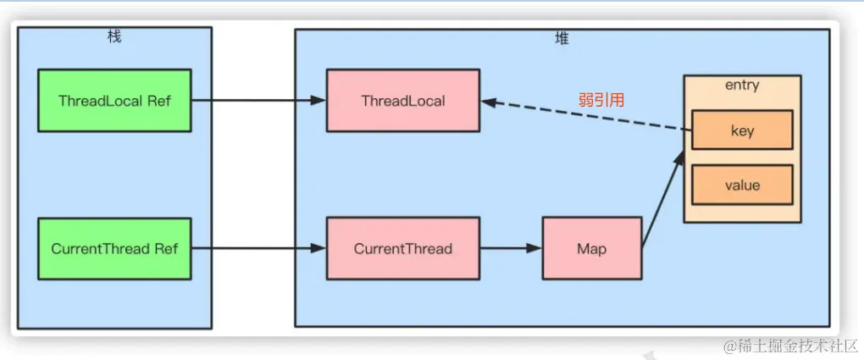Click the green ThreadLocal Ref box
(114, 101)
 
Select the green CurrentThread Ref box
(114, 249)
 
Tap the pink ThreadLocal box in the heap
(402, 101)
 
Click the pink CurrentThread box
(402, 249)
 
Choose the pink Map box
(591, 249)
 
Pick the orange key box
(742, 130)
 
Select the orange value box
(742, 186)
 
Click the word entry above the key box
(742, 86)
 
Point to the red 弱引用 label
(601, 100)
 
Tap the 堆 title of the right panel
(562, 38)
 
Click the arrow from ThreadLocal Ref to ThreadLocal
(258, 101)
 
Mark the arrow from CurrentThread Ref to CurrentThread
(258, 249)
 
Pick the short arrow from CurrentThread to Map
(510, 249)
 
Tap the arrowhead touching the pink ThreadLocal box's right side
(488, 102)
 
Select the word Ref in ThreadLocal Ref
(158, 101)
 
